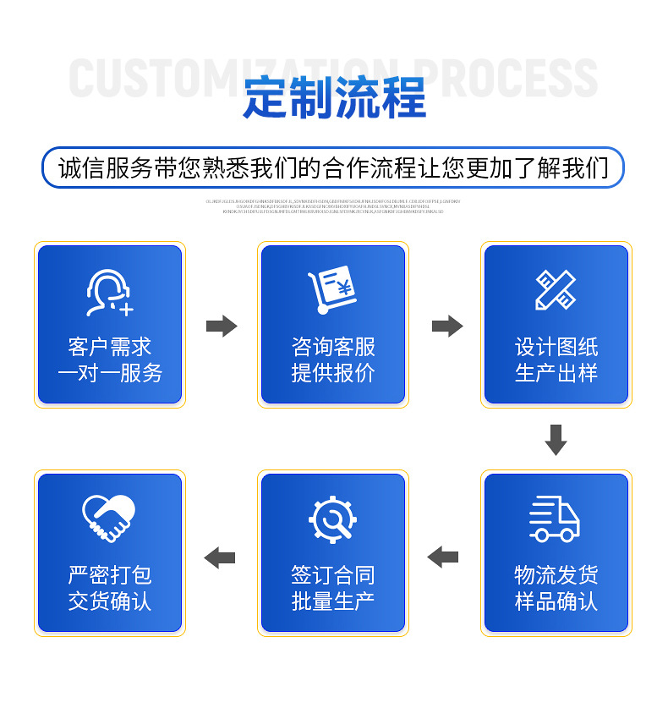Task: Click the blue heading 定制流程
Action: [x=334, y=97]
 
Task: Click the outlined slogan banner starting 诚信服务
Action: [x=333, y=167]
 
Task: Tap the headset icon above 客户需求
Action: [x=109, y=292]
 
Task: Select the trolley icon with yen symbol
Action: [x=332, y=290]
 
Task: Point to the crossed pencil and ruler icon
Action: [x=556, y=290]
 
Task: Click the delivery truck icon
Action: [x=555, y=519]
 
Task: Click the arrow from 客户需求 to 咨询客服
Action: [x=222, y=326]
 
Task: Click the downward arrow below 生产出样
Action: [x=556, y=440]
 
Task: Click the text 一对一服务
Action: [x=110, y=373]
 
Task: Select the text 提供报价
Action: [x=333, y=373]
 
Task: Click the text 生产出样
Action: [x=556, y=373]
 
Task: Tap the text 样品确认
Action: [x=556, y=601]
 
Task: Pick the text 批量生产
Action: [x=333, y=601]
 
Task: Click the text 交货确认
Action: [x=110, y=601]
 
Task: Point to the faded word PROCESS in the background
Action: [x=507, y=79]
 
